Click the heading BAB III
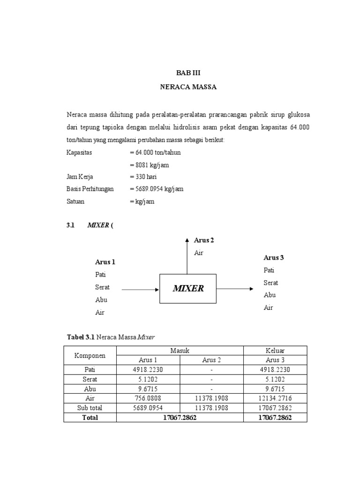[188, 73]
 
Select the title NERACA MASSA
[188, 87]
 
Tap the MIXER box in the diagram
[188, 289]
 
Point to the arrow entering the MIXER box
[140, 289]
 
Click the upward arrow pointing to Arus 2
[187, 255]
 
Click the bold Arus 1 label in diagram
[105, 262]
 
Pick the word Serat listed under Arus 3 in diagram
[270, 283]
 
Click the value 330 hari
[146, 177]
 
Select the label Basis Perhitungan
[90, 189]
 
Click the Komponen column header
[90, 356]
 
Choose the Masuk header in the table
[180, 351]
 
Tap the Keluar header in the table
[275, 351]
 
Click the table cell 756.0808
[148, 398]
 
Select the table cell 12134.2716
[275, 398]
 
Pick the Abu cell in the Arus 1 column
[148, 389]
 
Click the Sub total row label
[90, 408]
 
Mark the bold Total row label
[90, 417]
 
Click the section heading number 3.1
[71, 225]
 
